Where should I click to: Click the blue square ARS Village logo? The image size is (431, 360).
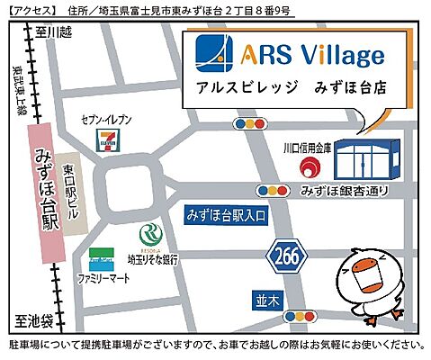click(x=214, y=56)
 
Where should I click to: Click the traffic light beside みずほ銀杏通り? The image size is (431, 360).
click(x=273, y=191)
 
